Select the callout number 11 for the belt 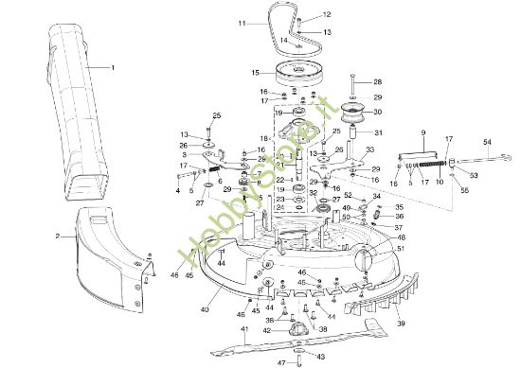(243, 21)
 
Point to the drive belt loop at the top (278, 29)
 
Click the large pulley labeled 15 (296, 73)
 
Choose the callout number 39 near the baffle (401, 324)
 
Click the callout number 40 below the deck (206, 308)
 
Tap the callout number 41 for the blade (244, 329)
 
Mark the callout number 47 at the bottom (279, 362)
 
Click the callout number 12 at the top (327, 15)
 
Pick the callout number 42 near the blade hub (267, 330)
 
